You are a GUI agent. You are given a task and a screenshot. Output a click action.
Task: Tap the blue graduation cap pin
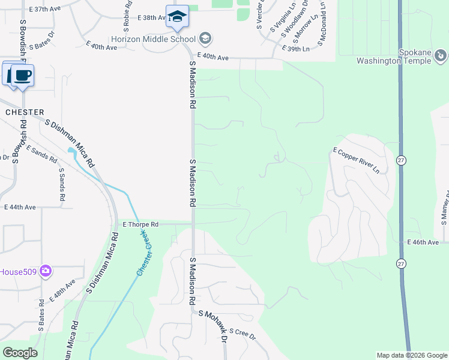[177, 16]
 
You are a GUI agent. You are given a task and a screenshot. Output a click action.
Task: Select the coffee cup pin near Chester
[23, 76]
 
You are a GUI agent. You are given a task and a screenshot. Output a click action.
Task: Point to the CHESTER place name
[25, 112]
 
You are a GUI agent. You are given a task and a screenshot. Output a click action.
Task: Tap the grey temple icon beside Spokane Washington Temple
[441, 56]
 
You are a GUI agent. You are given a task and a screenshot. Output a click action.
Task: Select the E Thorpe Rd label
[140, 224]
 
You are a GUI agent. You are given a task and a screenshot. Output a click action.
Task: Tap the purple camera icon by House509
[46, 271]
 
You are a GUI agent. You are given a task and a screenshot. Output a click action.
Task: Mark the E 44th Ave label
[20, 207]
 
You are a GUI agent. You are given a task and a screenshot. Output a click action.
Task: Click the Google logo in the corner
[20, 352]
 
